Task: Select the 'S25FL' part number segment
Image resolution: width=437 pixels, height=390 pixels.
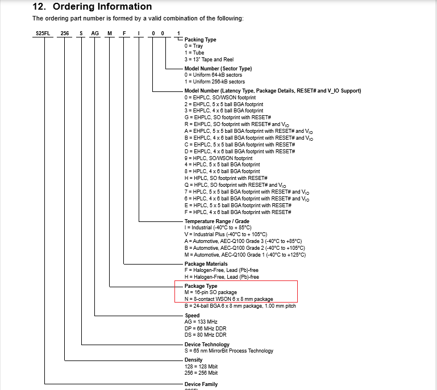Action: [43, 33]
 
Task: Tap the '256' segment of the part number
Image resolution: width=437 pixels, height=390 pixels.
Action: [65, 33]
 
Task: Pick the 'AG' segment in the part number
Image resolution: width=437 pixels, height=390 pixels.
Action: [95, 33]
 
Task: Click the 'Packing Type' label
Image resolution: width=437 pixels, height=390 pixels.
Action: [200, 40]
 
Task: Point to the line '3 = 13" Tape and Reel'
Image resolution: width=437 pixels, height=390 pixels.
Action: [210, 60]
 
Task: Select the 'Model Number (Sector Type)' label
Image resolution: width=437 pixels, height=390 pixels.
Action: [218, 69]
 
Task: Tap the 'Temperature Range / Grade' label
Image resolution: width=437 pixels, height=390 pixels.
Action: [217, 221]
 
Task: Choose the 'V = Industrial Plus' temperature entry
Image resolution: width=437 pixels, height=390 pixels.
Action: [226, 234]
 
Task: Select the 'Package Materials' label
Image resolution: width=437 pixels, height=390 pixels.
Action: [206, 264]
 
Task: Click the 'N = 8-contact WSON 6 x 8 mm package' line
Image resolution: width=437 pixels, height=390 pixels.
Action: [228, 299]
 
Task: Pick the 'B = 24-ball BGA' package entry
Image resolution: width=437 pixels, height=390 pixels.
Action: [240, 306]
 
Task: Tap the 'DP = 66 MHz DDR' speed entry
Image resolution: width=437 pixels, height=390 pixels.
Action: [205, 328]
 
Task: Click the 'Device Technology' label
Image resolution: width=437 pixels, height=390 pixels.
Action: [207, 345]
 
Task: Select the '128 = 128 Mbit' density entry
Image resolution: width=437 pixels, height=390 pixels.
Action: [201, 367]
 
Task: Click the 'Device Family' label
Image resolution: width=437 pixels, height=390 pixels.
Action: [201, 384]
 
